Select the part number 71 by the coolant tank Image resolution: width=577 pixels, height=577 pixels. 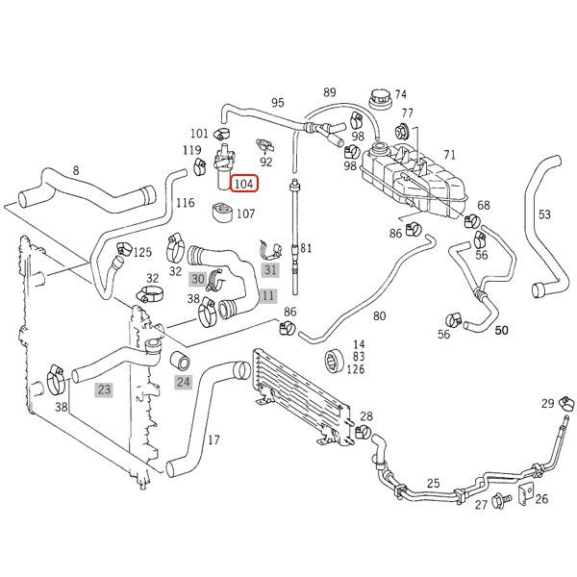tap(449, 155)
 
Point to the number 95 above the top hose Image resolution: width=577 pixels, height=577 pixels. tap(278, 103)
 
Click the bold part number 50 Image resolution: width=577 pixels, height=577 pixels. tap(501, 330)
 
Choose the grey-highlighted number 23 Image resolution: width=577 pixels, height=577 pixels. tap(103, 389)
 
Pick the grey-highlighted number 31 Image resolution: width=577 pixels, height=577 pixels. tap(269, 270)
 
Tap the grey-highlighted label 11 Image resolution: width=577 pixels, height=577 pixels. tap(267, 296)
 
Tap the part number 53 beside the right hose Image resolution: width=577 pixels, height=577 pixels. tap(544, 213)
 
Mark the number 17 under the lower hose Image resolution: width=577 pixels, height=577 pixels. tap(213, 440)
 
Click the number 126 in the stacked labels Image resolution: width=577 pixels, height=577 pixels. tap(357, 369)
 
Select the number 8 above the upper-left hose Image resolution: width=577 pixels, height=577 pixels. tap(76, 170)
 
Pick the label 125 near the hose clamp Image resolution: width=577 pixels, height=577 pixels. tap(142, 252)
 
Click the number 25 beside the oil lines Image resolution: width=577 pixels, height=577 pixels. tap(433, 483)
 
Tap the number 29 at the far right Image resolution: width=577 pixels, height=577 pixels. tap(547, 402)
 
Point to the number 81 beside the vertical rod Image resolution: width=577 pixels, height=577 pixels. tap(307, 248)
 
